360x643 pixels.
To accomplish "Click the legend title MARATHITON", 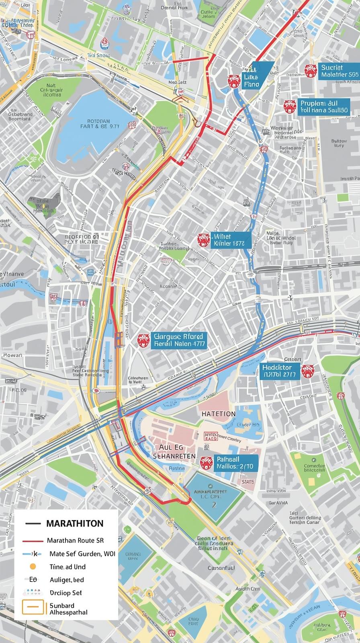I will [75, 524].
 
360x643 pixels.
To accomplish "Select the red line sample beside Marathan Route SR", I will [33, 541].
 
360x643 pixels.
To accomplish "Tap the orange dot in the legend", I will [33, 567].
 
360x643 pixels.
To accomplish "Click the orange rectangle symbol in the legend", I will [33, 608].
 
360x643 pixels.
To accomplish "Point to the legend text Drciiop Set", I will [65, 593].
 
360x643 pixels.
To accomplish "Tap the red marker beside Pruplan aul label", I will [289, 106].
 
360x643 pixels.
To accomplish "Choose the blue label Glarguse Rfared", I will [178, 340].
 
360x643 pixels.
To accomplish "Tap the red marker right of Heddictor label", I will [308, 371].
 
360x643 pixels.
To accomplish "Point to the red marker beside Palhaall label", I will [206, 463].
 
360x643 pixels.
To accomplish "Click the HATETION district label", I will [219, 414].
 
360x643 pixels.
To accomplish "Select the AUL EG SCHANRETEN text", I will [174, 452].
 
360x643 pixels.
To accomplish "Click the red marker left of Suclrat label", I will [311, 71].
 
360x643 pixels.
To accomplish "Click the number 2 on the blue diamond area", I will [214, 504].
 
